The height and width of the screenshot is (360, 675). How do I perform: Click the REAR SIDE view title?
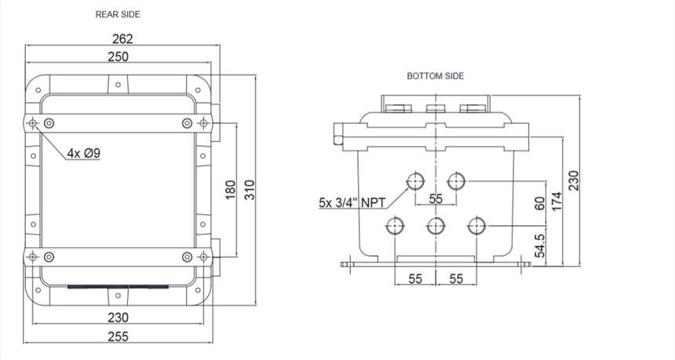pos(118,15)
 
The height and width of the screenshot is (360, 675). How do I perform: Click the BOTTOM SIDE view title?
pos(436,76)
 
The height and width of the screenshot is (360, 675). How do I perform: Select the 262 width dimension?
pos(122,39)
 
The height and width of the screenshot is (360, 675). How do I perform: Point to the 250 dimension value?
pos(118,56)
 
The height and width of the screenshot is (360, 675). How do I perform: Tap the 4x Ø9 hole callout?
pos(83,153)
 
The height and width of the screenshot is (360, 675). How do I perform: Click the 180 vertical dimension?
pos(231,190)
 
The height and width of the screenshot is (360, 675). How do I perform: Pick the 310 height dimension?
pos(250,190)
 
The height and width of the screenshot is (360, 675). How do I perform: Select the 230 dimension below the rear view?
pos(118,318)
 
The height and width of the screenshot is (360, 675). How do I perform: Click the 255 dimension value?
pos(118,336)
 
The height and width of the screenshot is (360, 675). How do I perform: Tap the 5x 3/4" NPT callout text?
pos(352,202)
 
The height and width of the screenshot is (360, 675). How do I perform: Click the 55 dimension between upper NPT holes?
pos(436,198)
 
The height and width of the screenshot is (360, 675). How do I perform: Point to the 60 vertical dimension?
pos(539,203)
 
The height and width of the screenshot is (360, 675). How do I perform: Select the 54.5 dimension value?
pos(539,245)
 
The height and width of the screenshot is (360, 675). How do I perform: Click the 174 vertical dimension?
pos(556,202)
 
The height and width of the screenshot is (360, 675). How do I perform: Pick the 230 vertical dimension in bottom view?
pos(574,180)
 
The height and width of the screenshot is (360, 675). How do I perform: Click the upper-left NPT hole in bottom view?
pos(415,181)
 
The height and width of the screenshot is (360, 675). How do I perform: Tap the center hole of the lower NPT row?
pos(436,226)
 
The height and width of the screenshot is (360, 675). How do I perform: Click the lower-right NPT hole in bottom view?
pos(476,226)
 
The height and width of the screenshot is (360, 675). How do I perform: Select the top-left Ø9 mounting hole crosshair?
pos(32,124)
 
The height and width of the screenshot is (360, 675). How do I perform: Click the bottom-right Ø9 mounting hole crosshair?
pos(203,257)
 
